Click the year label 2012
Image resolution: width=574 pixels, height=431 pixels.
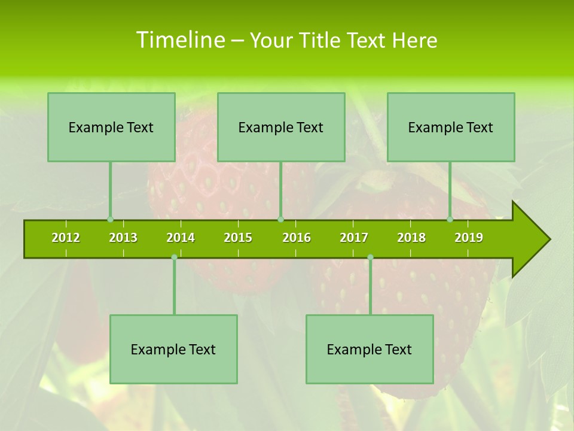coord(66,238)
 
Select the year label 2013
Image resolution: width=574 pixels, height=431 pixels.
coord(123,238)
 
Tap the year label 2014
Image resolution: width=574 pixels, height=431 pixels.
coord(181,238)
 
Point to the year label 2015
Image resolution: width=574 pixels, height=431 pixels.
coord(238,238)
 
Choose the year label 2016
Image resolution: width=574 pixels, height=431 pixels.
coord(297,238)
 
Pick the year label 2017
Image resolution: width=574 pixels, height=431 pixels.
coord(354,238)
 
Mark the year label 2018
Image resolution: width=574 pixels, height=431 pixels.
coord(411,238)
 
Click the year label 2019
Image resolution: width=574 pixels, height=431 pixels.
coord(469,238)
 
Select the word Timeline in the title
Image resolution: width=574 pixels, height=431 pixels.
coord(180,40)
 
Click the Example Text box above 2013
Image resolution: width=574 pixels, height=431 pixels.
coord(111,127)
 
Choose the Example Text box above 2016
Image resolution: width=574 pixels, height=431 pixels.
coord(281,127)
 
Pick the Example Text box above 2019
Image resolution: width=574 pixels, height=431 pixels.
coord(451,127)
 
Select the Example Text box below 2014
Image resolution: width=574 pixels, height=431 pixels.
coord(173,349)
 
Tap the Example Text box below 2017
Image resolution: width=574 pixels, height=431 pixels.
coord(370,349)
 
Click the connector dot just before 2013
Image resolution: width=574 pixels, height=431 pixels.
coord(110,220)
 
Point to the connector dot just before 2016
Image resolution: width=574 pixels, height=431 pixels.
coord(280,220)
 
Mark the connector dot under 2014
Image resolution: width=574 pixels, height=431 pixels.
coord(174,257)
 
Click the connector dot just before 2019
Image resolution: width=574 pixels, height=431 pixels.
coord(450,220)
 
